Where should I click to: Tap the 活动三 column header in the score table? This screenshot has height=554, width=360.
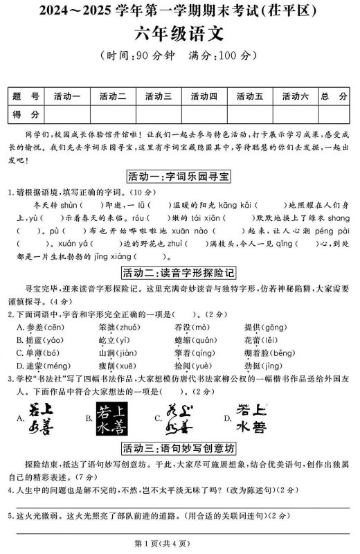[x=158, y=96]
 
